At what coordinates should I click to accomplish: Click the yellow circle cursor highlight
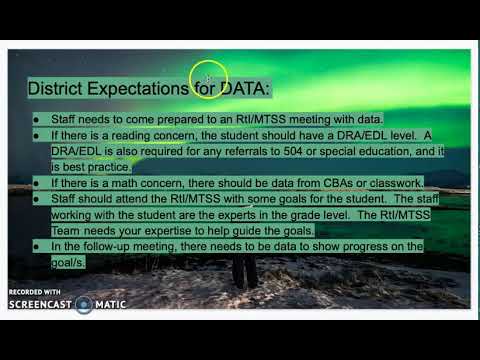(x=208, y=76)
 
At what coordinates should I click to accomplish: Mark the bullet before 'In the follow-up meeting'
(x=37, y=245)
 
